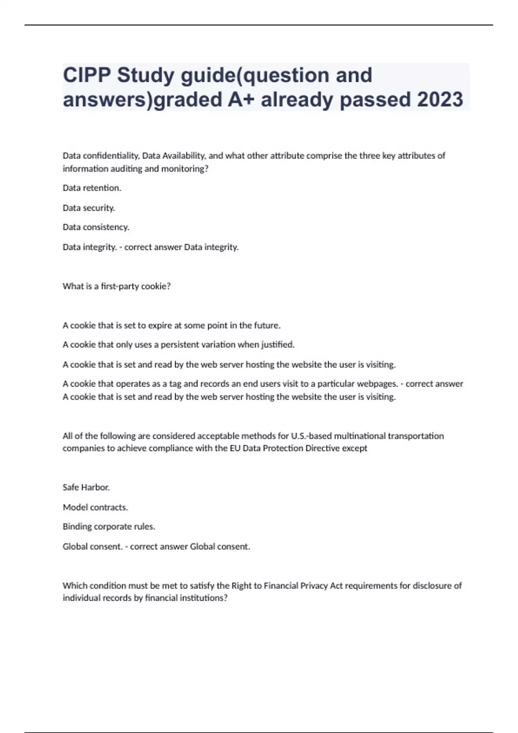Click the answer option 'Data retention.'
tap(92, 188)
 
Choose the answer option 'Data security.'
tap(89, 208)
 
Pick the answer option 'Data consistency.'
tap(96, 227)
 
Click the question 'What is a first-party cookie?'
tap(117, 286)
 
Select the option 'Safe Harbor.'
tap(86, 487)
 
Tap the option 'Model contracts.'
tap(95, 507)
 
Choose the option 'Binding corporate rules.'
tap(109, 526)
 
